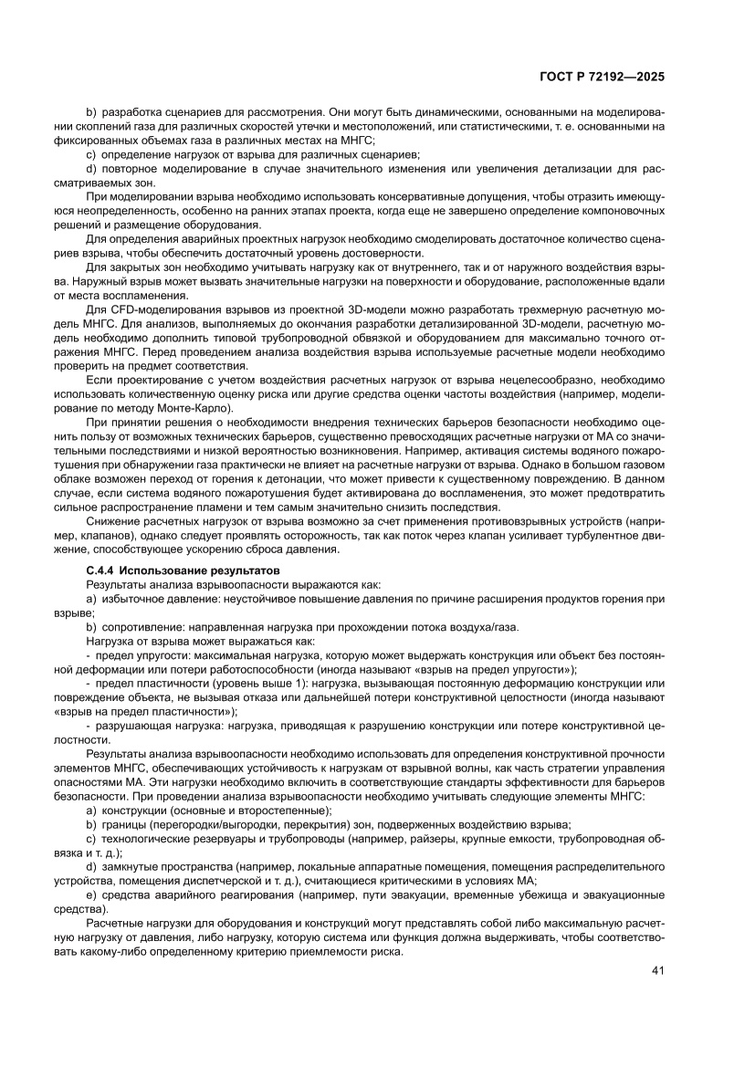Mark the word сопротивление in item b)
click(142, 627)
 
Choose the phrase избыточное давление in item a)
click(159, 598)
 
